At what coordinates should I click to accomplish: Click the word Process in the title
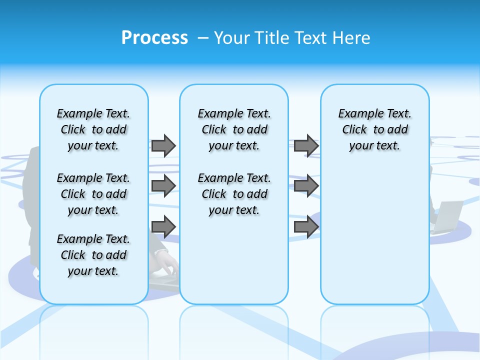pos(154,37)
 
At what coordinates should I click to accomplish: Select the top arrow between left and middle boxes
pos(163,145)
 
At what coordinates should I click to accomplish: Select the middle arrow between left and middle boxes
pos(163,186)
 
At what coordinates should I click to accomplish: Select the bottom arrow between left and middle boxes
pos(163,226)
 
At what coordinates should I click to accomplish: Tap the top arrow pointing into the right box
pos(306,145)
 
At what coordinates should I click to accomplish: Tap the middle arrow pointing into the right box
pos(306,186)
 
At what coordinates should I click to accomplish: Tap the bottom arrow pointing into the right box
pos(306,226)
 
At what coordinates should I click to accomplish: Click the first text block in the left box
pos(93,129)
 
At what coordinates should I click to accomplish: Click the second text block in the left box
pos(93,194)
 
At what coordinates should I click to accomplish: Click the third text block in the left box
pos(93,255)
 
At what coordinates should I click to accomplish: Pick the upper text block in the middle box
pos(234,129)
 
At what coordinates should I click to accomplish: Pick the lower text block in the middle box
pos(234,194)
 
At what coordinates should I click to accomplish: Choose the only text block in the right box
pos(374,129)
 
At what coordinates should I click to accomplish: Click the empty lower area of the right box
pos(374,240)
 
